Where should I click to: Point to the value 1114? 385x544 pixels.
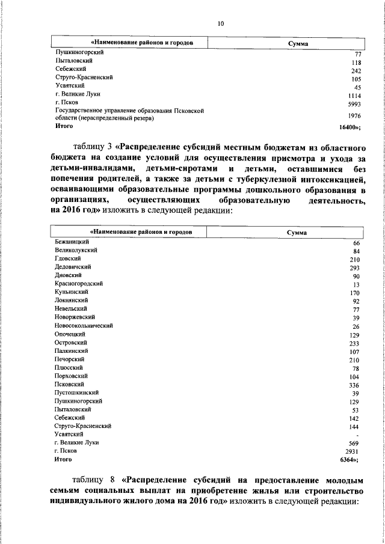[x=353, y=95]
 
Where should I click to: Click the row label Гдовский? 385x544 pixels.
[x=67, y=258]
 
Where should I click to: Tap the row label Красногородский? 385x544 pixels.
[x=78, y=283]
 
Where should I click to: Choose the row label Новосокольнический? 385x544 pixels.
[x=84, y=325]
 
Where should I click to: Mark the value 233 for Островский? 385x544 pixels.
[x=355, y=343]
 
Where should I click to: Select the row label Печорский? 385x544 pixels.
[x=69, y=359]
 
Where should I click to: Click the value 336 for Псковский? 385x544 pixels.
[x=355, y=385]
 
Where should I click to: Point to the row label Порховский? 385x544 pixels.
[x=71, y=376]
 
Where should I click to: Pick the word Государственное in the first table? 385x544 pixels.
[x=80, y=111]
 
